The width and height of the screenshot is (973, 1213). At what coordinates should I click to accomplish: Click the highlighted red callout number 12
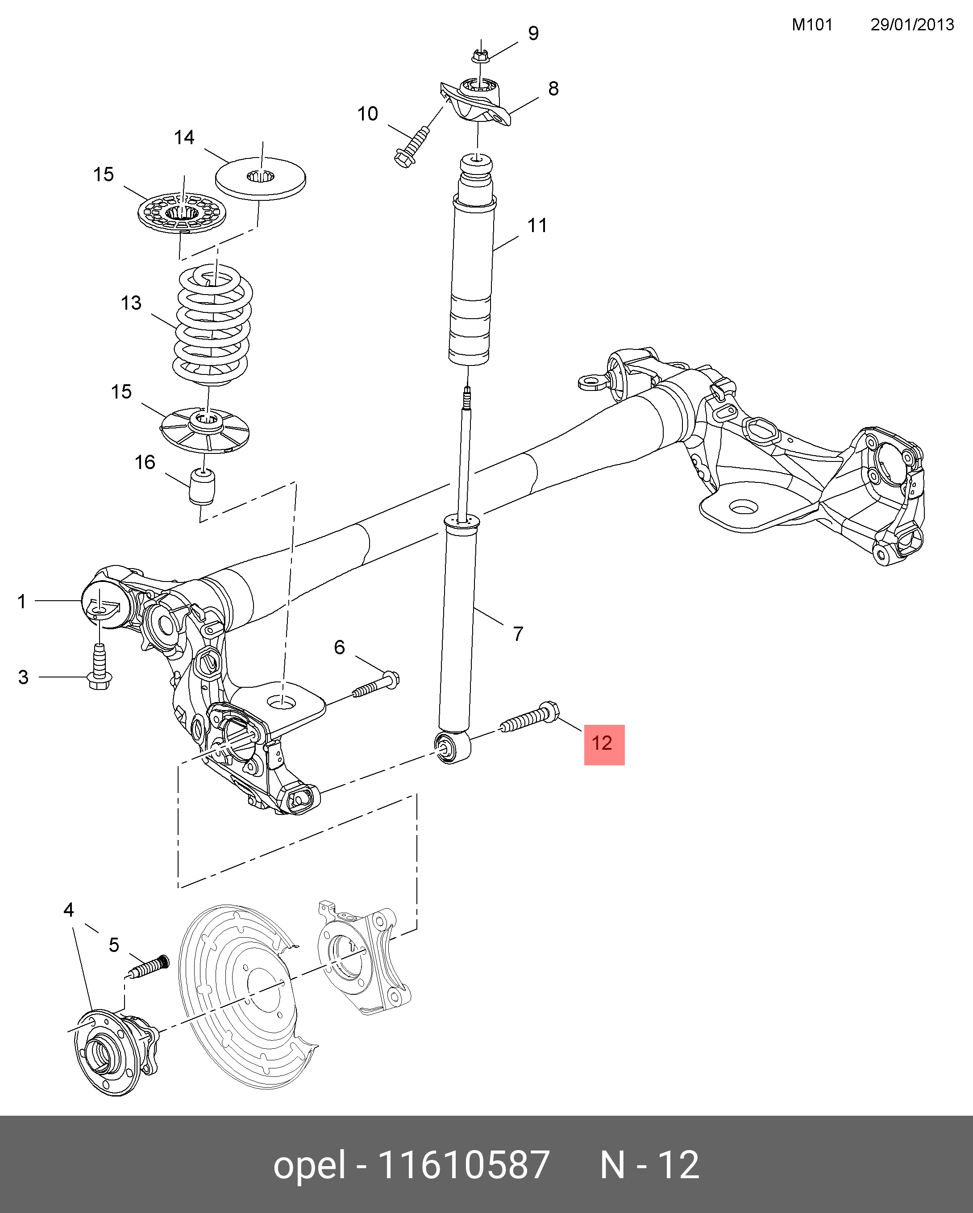604,744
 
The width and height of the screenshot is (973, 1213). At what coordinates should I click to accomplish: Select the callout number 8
553,89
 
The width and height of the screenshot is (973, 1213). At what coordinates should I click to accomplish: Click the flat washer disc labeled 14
261,179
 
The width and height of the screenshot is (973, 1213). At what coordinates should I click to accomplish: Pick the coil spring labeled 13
212,326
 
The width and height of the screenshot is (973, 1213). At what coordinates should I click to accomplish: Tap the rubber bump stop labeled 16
203,486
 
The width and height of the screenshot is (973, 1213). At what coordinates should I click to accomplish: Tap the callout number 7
518,634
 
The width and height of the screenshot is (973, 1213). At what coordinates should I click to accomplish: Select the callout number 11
537,226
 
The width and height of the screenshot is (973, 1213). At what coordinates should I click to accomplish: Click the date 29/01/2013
912,25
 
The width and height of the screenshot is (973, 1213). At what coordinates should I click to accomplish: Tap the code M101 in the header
811,25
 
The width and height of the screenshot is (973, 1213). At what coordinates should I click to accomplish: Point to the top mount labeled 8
478,101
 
